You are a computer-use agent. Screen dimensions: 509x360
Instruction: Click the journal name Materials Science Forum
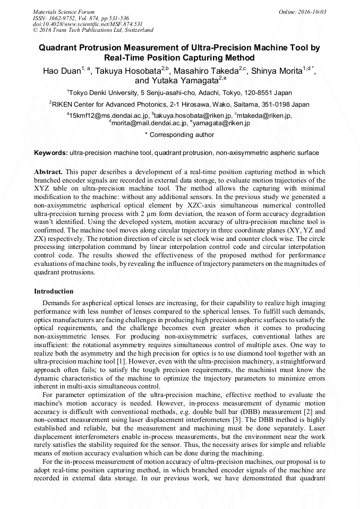coord(64,12)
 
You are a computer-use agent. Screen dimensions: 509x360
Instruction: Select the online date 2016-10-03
coord(310,12)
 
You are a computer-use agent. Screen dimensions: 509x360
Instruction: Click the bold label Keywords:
coord(51,153)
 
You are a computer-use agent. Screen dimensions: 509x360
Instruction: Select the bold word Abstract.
coord(48,172)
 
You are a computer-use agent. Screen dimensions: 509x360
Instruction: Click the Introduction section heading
coord(54,291)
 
